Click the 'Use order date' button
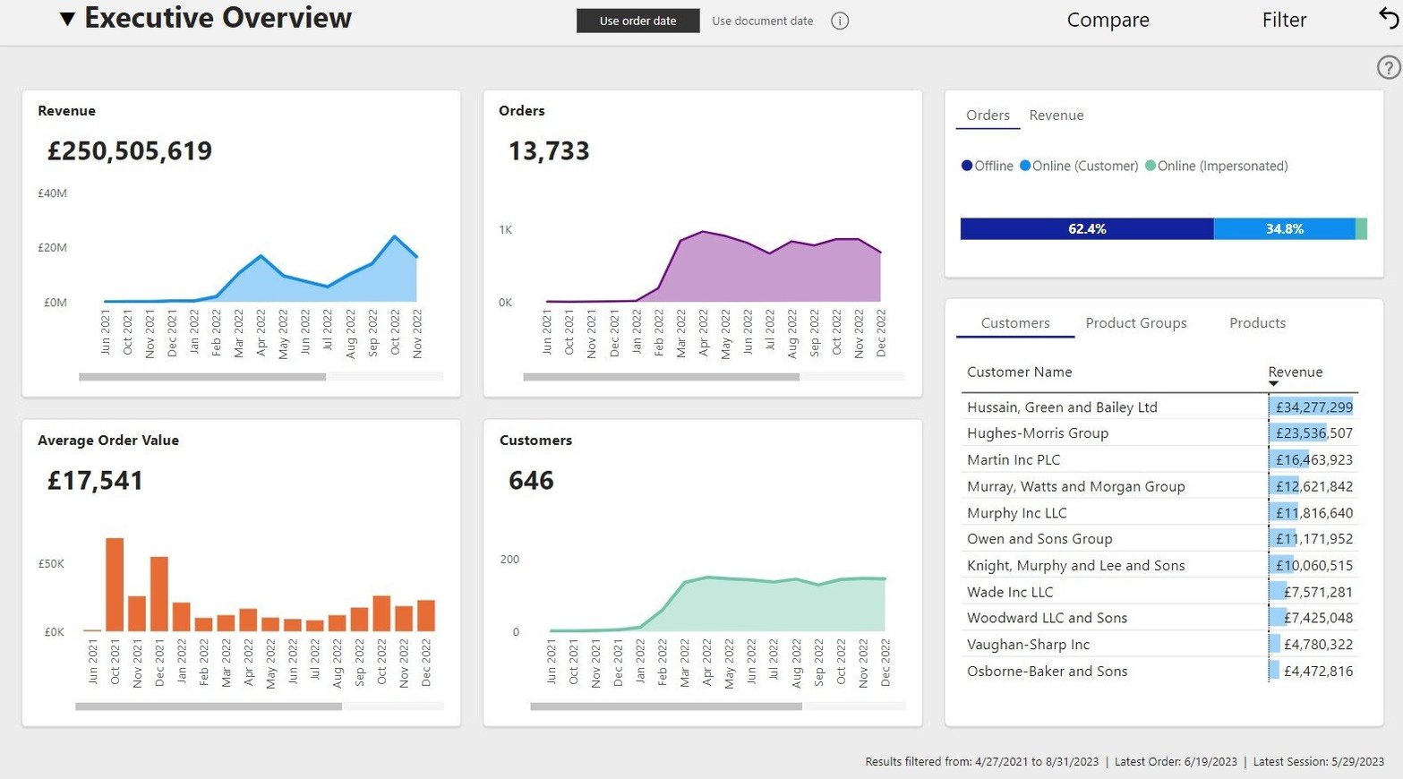(x=637, y=21)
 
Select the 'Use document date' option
(x=762, y=21)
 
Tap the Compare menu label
(x=1108, y=20)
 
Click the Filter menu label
(x=1284, y=20)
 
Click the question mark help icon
(x=1388, y=67)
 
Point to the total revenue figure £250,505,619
(x=130, y=150)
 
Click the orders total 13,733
(x=549, y=150)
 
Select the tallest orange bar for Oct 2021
(x=115, y=584)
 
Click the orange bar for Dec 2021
(x=159, y=594)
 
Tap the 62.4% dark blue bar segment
(x=1086, y=229)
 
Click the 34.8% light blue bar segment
(x=1284, y=229)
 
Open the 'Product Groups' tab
(x=1135, y=323)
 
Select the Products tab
(x=1257, y=323)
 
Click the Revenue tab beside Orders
(x=1056, y=116)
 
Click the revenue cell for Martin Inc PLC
(x=1313, y=459)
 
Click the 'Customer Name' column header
(x=1019, y=372)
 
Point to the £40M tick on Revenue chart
(x=52, y=193)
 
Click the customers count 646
(x=531, y=481)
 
